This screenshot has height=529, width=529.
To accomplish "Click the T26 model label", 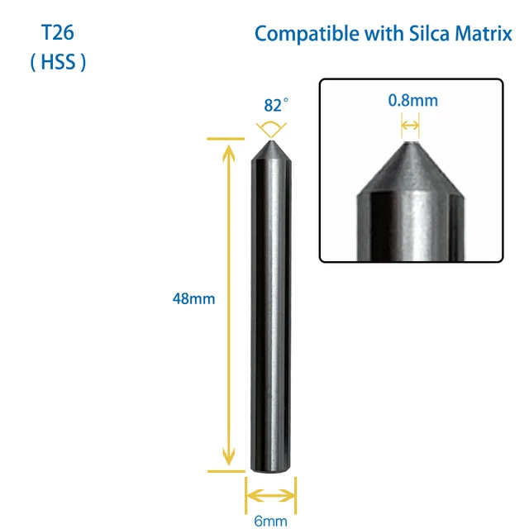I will [x=58, y=35].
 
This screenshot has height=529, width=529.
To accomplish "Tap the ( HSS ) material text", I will [x=58, y=63].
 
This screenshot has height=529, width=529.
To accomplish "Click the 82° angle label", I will [x=276, y=106].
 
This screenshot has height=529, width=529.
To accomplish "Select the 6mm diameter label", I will [x=270, y=522].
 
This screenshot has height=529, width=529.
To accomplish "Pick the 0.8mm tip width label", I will [x=412, y=101].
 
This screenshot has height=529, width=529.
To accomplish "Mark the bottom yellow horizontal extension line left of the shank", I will [x=226, y=472].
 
